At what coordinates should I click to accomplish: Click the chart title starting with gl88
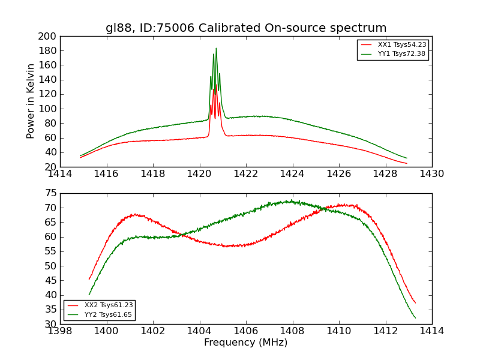(x=246, y=28)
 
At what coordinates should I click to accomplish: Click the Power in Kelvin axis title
(x=31, y=101)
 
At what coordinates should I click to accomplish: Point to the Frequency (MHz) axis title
(x=246, y=343)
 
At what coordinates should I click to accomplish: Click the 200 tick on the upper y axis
(x=48, y=36)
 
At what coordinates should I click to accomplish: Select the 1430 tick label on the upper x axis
(x=432, y=174)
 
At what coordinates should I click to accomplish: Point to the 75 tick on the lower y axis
(x=51, y=193)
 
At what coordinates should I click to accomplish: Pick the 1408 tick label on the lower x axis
(x=292, y=331)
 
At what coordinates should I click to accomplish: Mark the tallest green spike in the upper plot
(x=216, y=49)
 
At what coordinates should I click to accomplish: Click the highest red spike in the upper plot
(x=215, y=86)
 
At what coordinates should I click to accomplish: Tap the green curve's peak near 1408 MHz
(x=291, y=201)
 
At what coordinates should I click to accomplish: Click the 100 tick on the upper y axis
(x=48, y=109)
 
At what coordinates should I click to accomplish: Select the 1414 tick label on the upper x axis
(x=60, y=174)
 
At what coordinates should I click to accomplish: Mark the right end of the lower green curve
(x=415, y=318)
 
